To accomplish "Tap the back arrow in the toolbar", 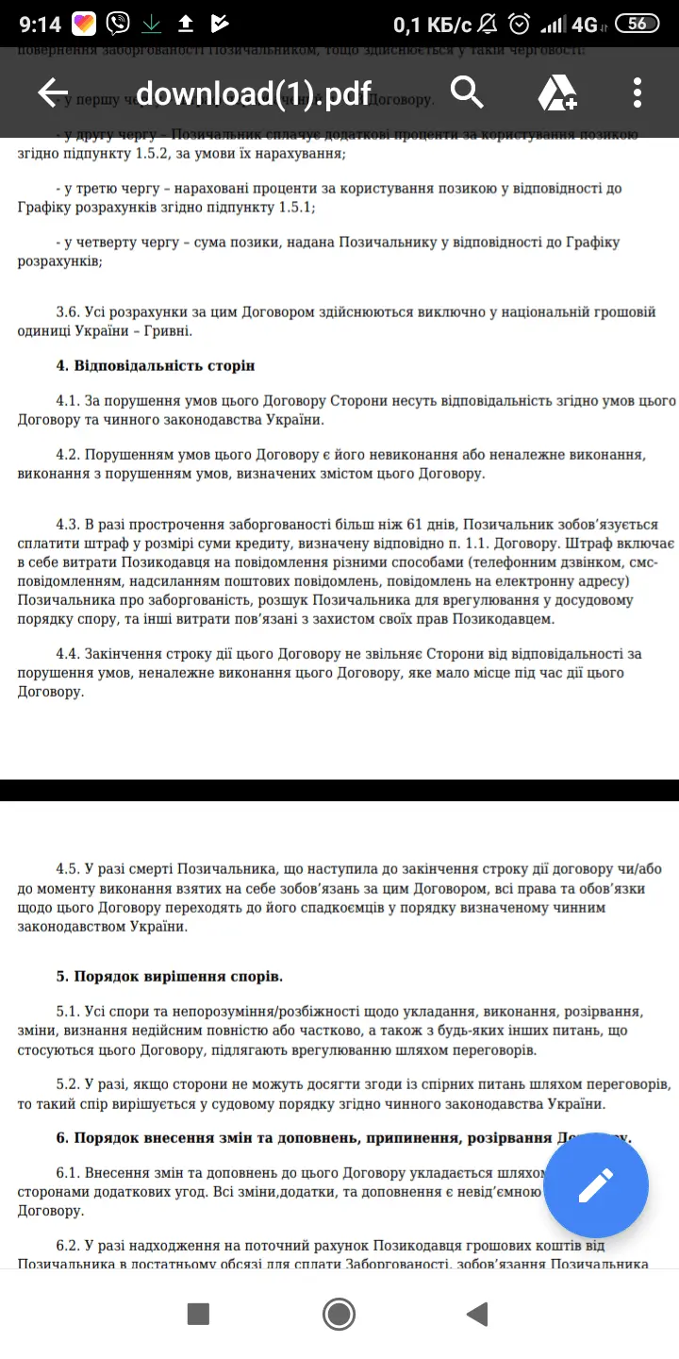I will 53,92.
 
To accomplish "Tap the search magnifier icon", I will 467,92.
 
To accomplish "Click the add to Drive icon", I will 557,92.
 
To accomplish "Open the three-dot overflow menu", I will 638,92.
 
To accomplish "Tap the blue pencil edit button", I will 595,1184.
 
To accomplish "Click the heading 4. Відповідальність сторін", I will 156,365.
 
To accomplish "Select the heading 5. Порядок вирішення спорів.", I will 170,976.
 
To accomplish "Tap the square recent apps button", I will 198,1314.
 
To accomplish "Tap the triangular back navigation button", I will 477,1314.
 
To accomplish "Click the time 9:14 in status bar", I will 39,24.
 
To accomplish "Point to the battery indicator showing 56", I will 638,24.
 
